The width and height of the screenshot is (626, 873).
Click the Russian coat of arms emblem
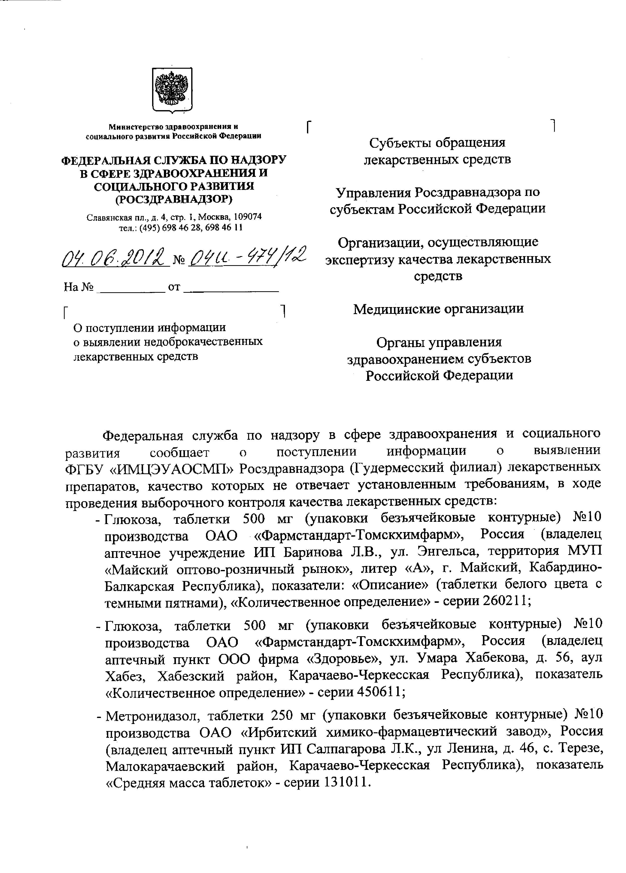(x=172, y=90)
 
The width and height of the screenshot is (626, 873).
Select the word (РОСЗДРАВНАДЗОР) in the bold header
(x=174, y=199)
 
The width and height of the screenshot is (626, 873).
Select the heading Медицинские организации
(x=438, y=309)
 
